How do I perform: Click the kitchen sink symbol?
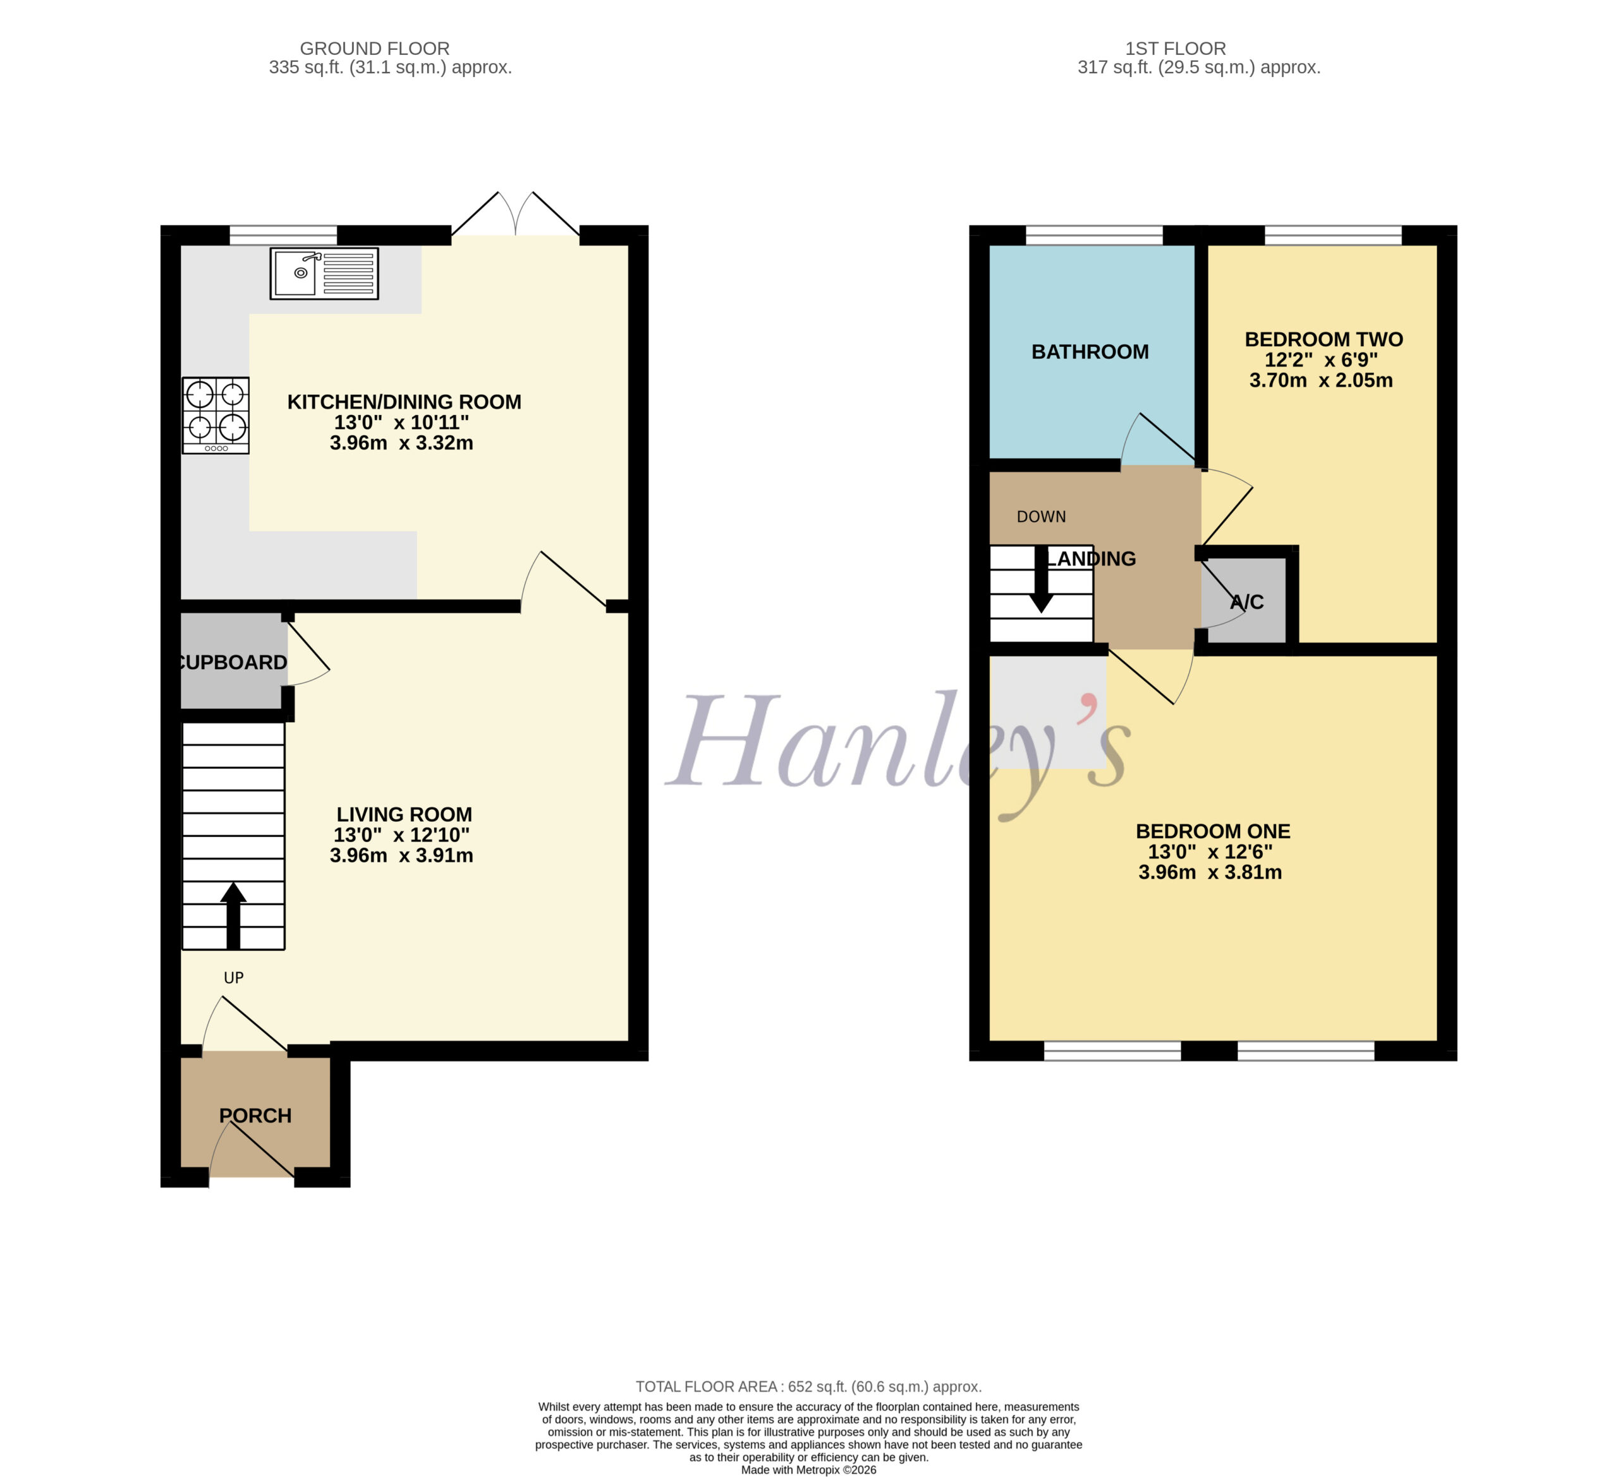[324, 274]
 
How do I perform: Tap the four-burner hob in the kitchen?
[216, 416]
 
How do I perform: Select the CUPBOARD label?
[232, 662]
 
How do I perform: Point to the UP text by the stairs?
[234, 977]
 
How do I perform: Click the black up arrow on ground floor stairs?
[234, 915]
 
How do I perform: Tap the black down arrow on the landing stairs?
[1042, 579]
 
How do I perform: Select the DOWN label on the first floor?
[1042, 517]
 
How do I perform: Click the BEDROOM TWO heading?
[1324, 339]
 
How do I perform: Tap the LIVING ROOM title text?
[404, 814]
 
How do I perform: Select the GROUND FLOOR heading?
[375, 49]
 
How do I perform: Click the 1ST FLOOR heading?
[1176, 49]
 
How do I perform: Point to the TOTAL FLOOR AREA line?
[809, 1386]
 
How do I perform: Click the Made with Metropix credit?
[809, 1470]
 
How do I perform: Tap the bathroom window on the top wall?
[1094, 235]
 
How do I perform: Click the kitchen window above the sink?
[283, 235]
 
